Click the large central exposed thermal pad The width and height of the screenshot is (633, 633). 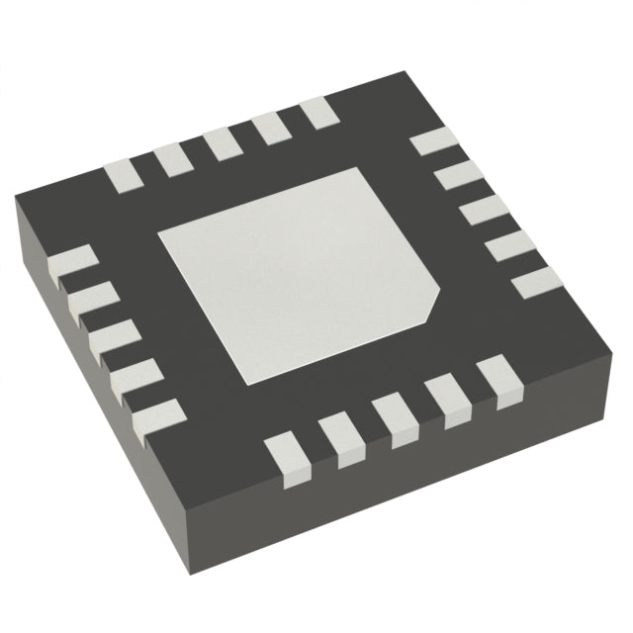click(x=297, y=272)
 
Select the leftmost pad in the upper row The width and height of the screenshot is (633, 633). click(x=123, y=174)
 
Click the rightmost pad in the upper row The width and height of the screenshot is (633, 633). click(x=319, y=112)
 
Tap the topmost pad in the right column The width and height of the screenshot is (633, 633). click(x=430, y=141)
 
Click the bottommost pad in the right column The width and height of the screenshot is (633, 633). click(x=535, y=283)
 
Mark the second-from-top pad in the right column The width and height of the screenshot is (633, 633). click(x=456, y=176)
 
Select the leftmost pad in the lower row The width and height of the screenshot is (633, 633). click(x=286, y=460)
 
